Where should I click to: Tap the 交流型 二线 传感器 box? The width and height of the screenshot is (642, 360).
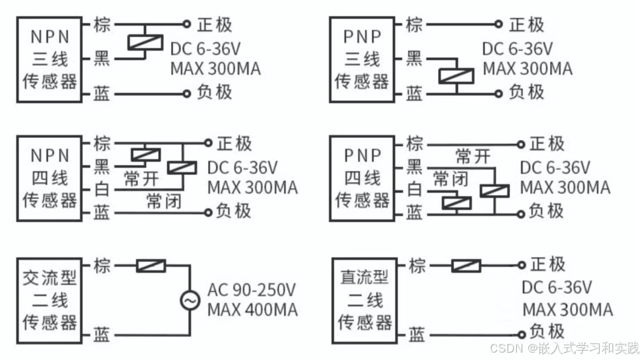click(50, 299)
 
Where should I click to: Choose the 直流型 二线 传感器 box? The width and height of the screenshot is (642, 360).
click(363, 299)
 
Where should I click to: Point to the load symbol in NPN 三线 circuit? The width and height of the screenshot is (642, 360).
click(143, 42)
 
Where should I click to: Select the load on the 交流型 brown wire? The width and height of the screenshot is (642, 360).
click(151, 266)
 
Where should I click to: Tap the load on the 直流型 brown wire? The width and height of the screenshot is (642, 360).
click(465, 266)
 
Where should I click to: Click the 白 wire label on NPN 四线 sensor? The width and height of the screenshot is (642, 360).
click(102, 190)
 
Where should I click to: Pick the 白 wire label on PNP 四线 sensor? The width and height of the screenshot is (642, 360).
click(415, 190)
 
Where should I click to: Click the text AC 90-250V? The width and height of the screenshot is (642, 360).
click(252, 291)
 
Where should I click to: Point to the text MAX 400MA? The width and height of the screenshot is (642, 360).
click(252, 310)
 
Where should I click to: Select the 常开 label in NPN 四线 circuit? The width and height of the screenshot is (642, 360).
click(141, 179)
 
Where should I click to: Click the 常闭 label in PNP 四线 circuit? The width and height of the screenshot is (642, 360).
click(450, 178)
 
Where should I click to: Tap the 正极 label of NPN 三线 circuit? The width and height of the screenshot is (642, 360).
click(215, 25)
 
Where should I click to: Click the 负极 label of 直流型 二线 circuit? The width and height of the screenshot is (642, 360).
click(546, 332)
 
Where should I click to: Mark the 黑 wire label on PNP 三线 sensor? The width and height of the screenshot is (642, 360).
click(415, 59)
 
